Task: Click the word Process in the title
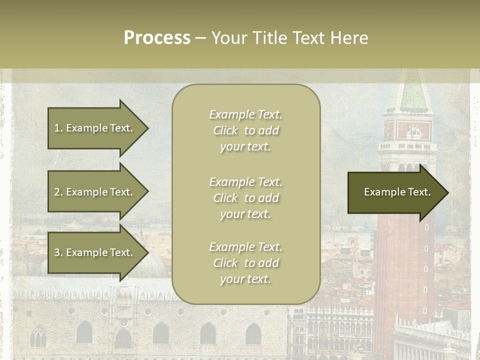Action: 157,38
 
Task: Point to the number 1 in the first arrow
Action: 57,128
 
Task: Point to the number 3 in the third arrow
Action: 57,252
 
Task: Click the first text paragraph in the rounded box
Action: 245,130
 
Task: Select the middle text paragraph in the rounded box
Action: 245,198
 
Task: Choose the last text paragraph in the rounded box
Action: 245,263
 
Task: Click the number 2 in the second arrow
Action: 57,192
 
